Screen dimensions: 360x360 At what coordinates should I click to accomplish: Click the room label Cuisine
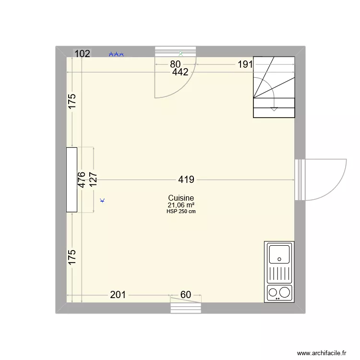[181, 198]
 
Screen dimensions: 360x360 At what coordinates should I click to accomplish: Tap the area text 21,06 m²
[181, 205]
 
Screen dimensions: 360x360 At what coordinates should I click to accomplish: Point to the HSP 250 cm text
[181, 211]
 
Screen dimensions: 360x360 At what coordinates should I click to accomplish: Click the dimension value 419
[186, 180]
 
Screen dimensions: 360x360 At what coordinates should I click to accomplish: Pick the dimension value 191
[244, 64]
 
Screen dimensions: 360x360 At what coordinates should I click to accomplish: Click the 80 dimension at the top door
[175, 64]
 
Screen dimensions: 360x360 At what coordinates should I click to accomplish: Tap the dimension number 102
[82, 54]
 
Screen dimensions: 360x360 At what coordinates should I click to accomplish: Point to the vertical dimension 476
[82, 180]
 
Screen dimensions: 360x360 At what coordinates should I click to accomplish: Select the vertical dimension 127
[93, 180]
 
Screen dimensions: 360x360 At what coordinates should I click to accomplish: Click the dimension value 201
[118, 295]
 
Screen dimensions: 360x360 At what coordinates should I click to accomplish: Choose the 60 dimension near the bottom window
[186, 295]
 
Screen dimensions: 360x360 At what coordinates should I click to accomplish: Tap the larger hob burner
[285, 292]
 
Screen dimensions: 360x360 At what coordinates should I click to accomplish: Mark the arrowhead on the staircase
[274, 109]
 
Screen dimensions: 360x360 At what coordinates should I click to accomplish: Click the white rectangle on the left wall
[72, 180]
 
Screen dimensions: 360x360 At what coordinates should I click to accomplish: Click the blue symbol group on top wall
[116, 55]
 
